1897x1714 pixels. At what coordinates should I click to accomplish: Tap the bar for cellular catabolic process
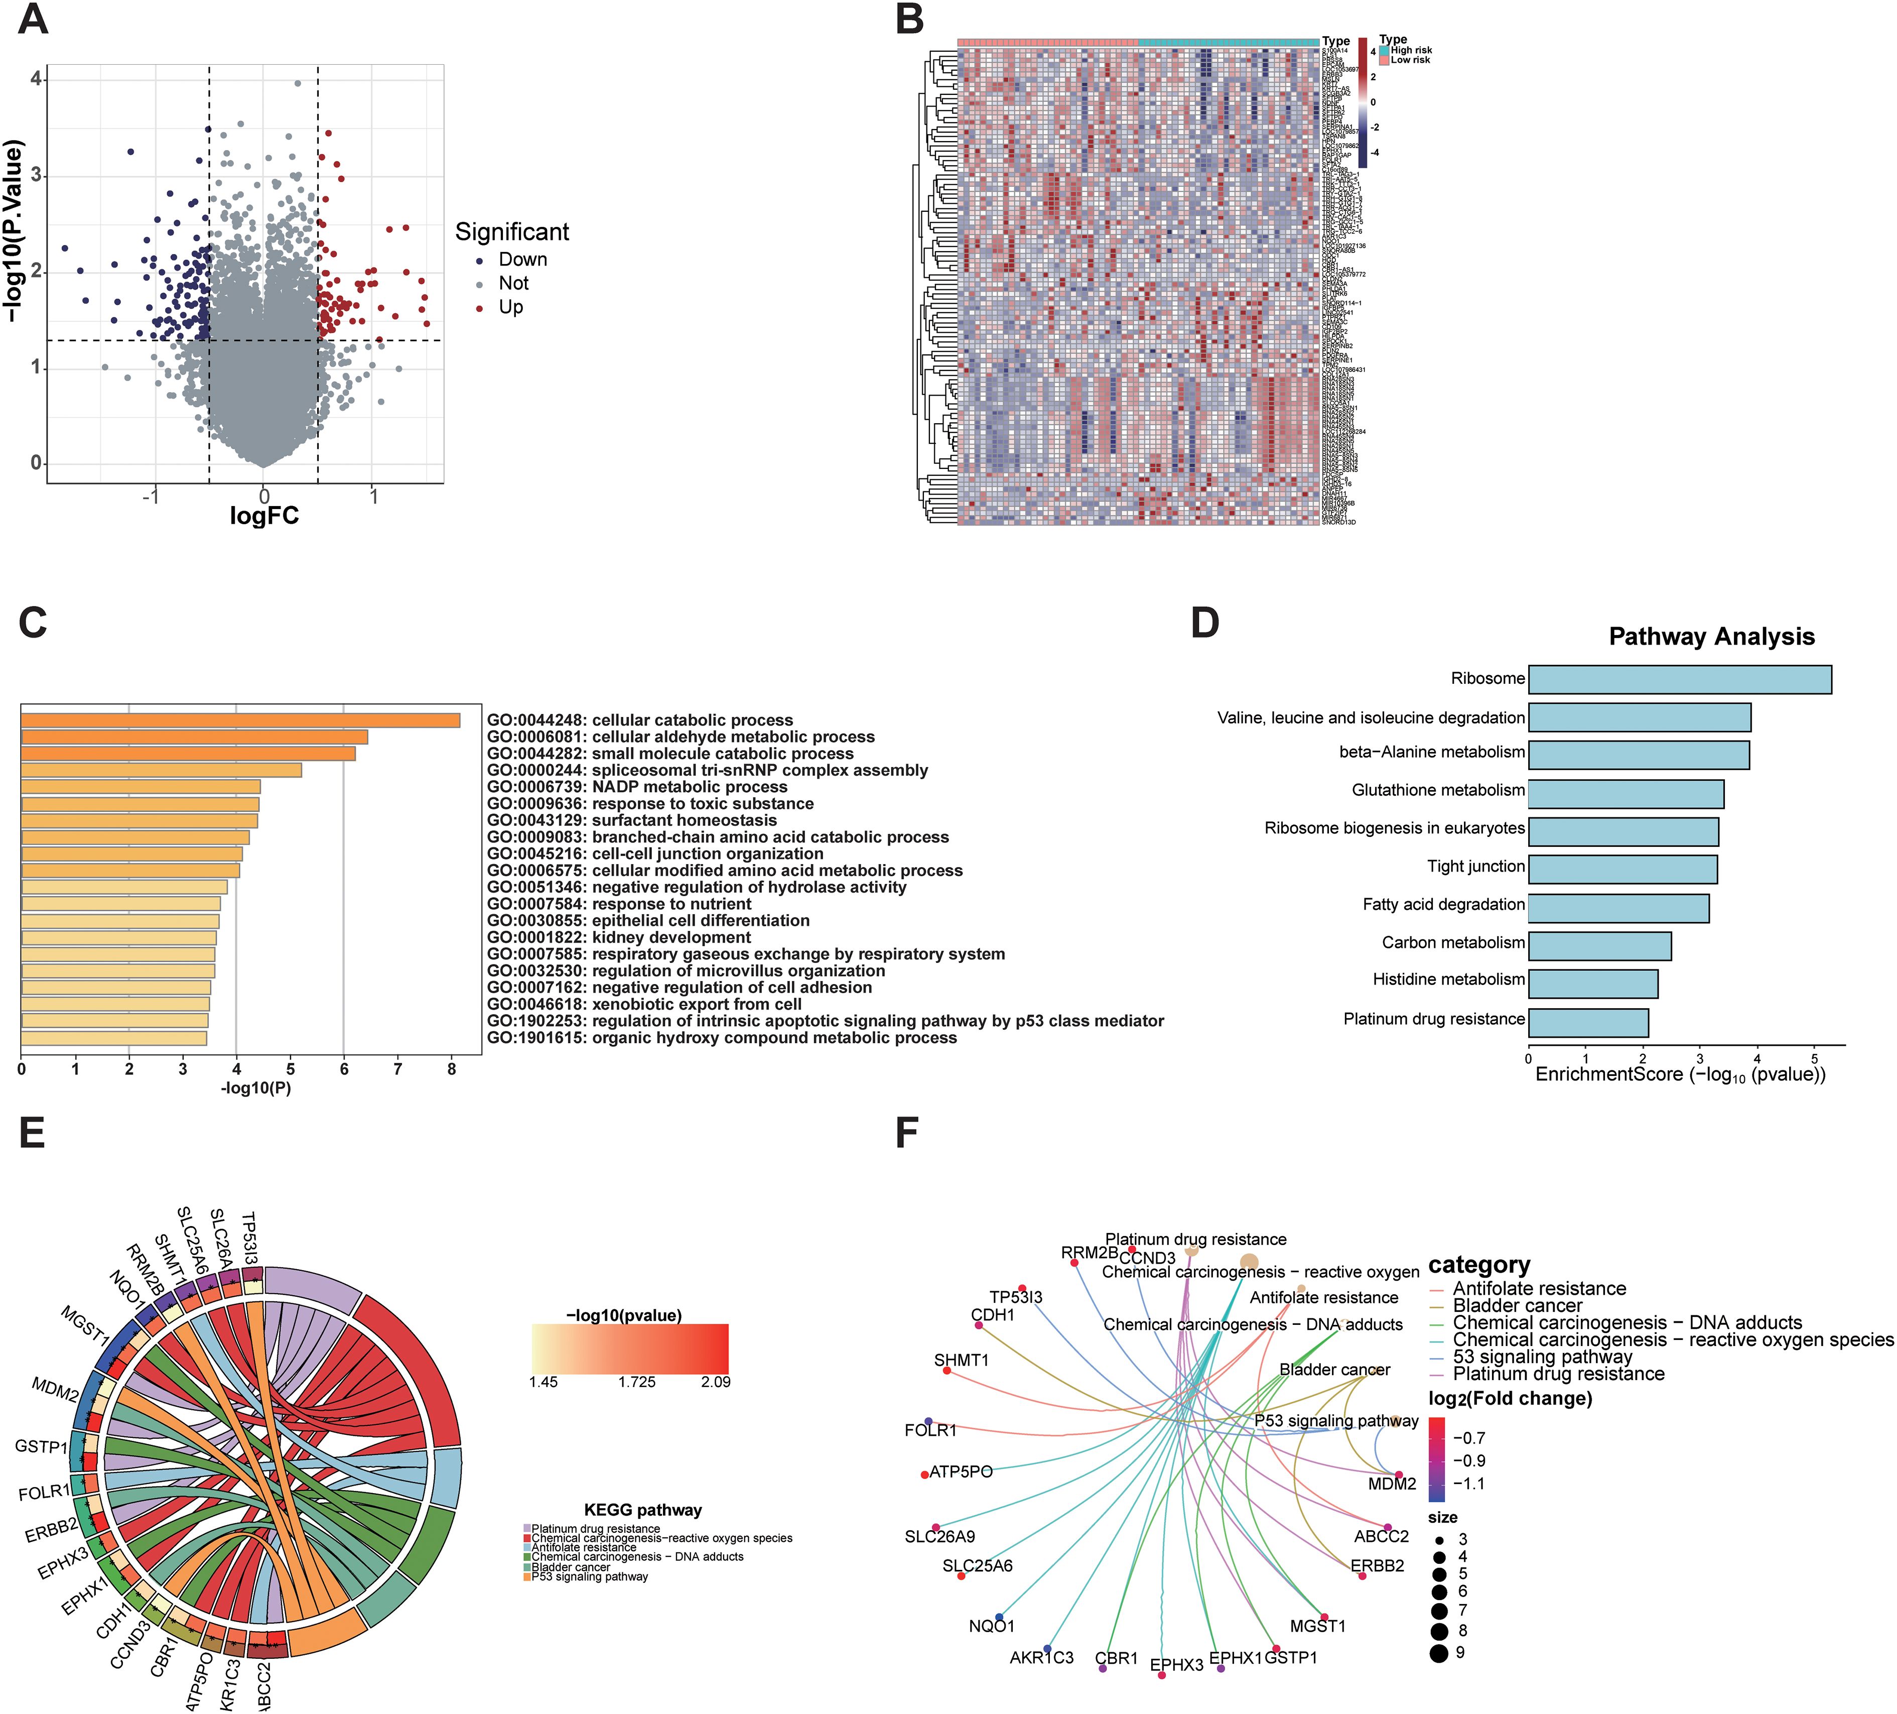coord(240,720)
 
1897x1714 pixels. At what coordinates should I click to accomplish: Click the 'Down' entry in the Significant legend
coord(522,260)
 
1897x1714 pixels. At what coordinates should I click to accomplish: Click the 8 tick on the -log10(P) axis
coord(452,1069)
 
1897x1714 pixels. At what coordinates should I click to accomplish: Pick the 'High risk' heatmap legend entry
coord(1411,50)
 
